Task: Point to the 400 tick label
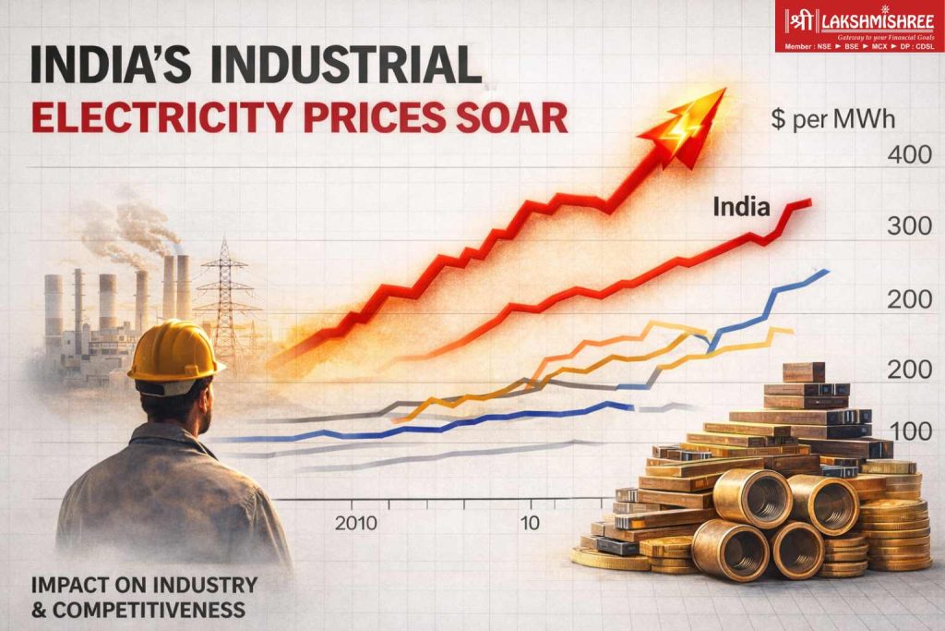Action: (909, 154)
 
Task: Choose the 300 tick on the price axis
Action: (909, 224)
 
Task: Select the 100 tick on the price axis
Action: (909, 431)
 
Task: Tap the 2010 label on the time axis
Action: (356, 523)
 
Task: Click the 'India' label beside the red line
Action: (740, 207)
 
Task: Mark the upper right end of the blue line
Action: (826, 271)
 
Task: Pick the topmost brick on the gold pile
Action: (803, 371)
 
